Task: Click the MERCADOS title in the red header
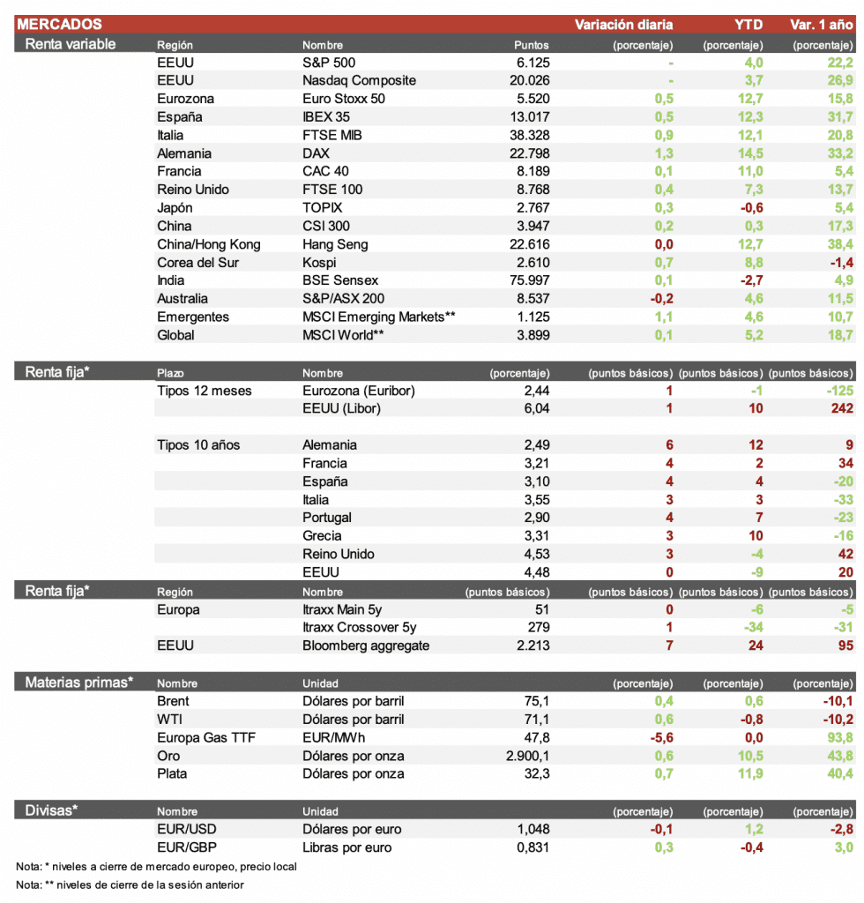point(60,25)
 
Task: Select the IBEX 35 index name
point(328,117)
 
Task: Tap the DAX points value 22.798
point(528,153)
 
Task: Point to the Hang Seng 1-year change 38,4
point(838,244)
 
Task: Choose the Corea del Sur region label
point(198,263)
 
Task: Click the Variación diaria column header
point(623,25)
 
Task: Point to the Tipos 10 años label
point(198,445)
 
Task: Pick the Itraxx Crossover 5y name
point(359,627)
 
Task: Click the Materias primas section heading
point(78,682)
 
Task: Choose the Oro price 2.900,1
point(523,756)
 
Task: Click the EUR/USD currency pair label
point(188,829)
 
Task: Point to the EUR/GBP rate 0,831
point(533,847)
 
